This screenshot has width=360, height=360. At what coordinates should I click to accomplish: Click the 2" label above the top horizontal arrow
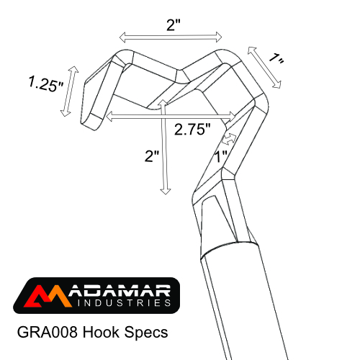pos(172,24)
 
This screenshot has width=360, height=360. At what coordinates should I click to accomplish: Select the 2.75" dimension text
pos(192,130)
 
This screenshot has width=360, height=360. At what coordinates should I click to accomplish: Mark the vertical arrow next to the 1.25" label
pos(68,89)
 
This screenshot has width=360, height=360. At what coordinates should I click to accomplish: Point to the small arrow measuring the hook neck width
pos(230,136)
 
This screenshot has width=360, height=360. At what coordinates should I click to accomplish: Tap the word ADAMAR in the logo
pos(119,292)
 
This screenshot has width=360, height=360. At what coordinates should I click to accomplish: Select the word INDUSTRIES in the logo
pos(119,305)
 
